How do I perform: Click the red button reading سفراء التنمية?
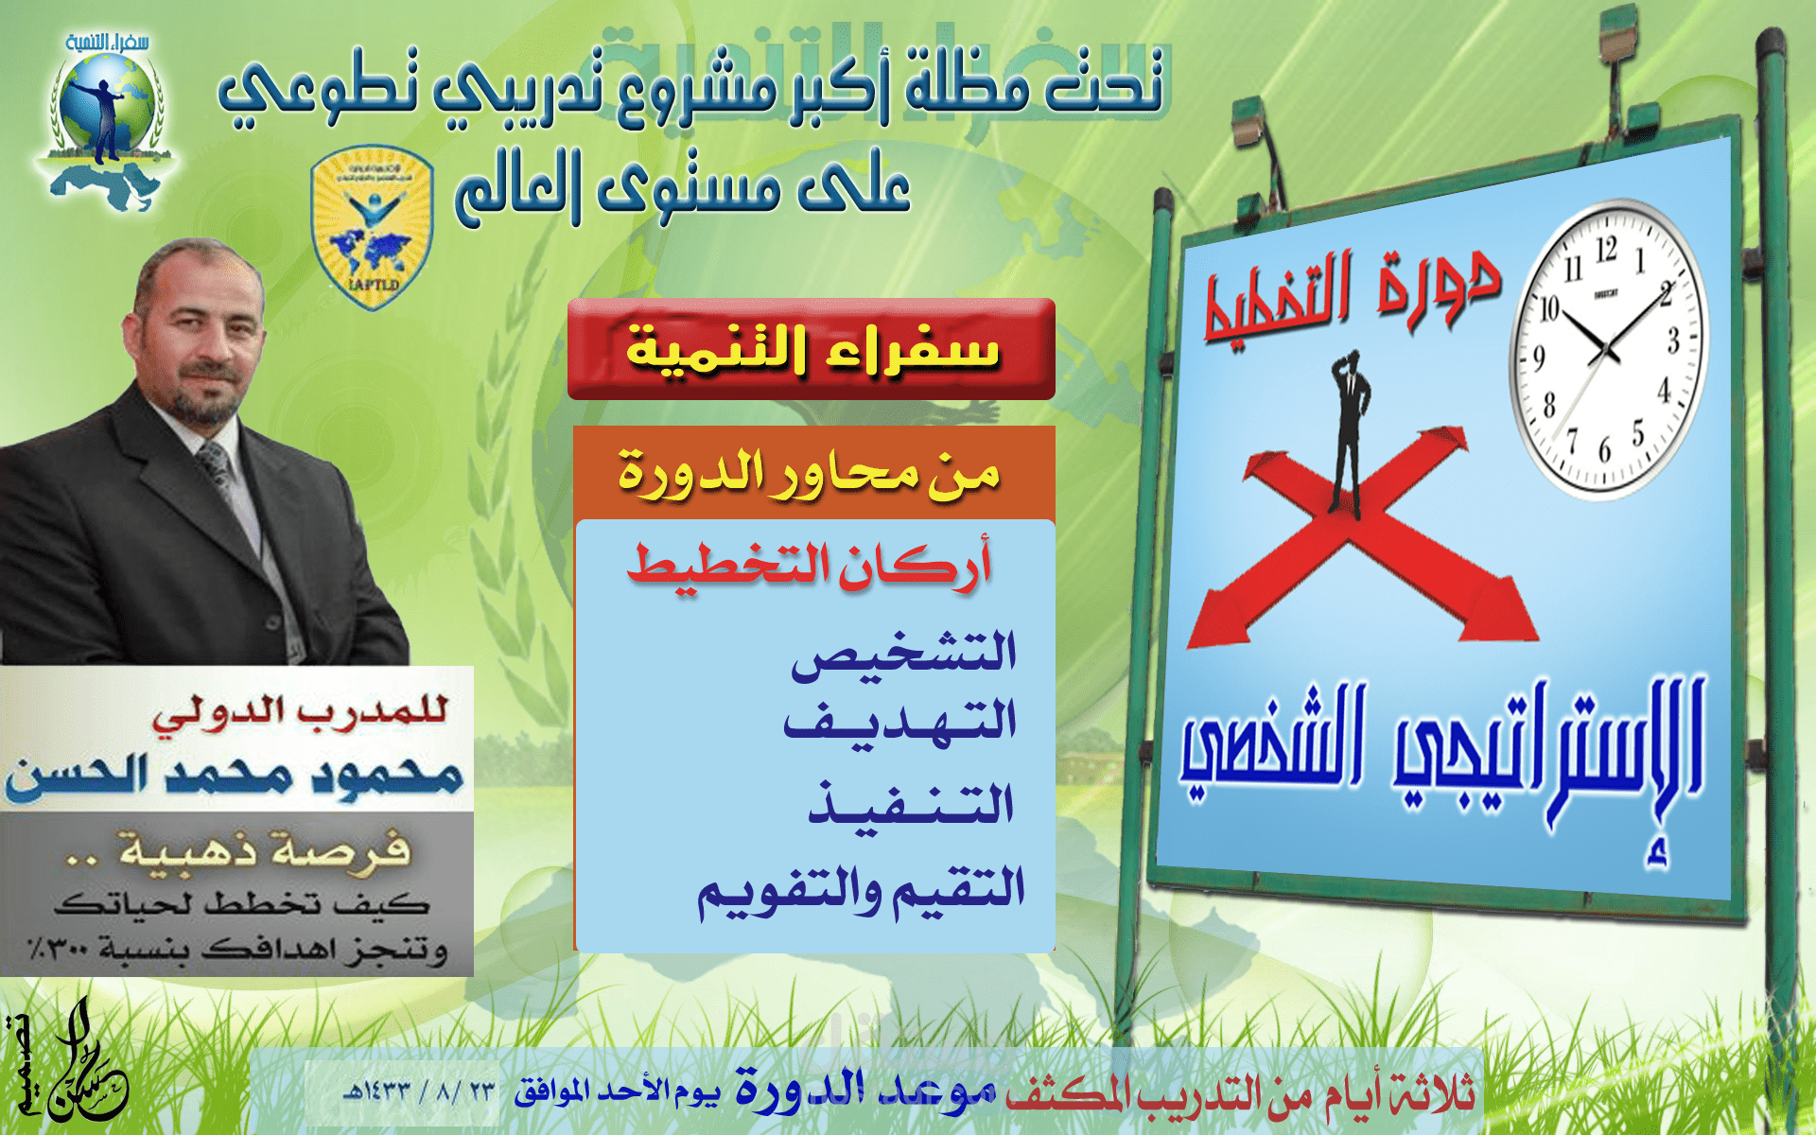click(811, 349)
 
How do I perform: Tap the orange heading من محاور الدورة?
click(811, 472)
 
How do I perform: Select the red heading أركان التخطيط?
click(811, 566)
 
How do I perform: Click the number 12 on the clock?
click(1606, 251)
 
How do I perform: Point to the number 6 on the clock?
click(1605, 450)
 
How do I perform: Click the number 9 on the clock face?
click(1539, 358)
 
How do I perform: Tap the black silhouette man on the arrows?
click(1351, 430)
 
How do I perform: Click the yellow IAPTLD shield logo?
click(372, 228)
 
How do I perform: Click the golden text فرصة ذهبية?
click(265, 848)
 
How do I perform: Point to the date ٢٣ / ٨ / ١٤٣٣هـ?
click(419, 1091)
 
